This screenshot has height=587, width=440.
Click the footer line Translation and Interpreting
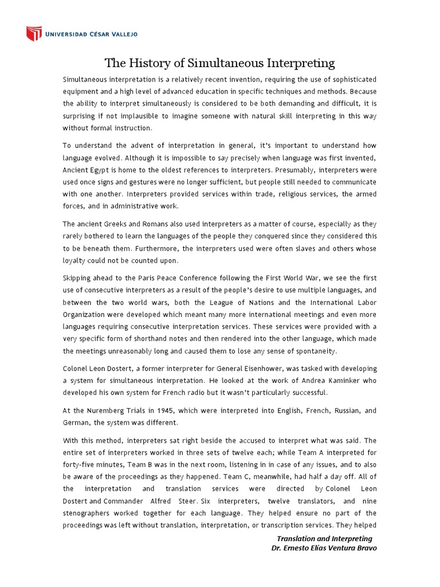324,539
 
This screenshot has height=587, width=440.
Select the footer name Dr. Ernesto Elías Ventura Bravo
324,548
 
